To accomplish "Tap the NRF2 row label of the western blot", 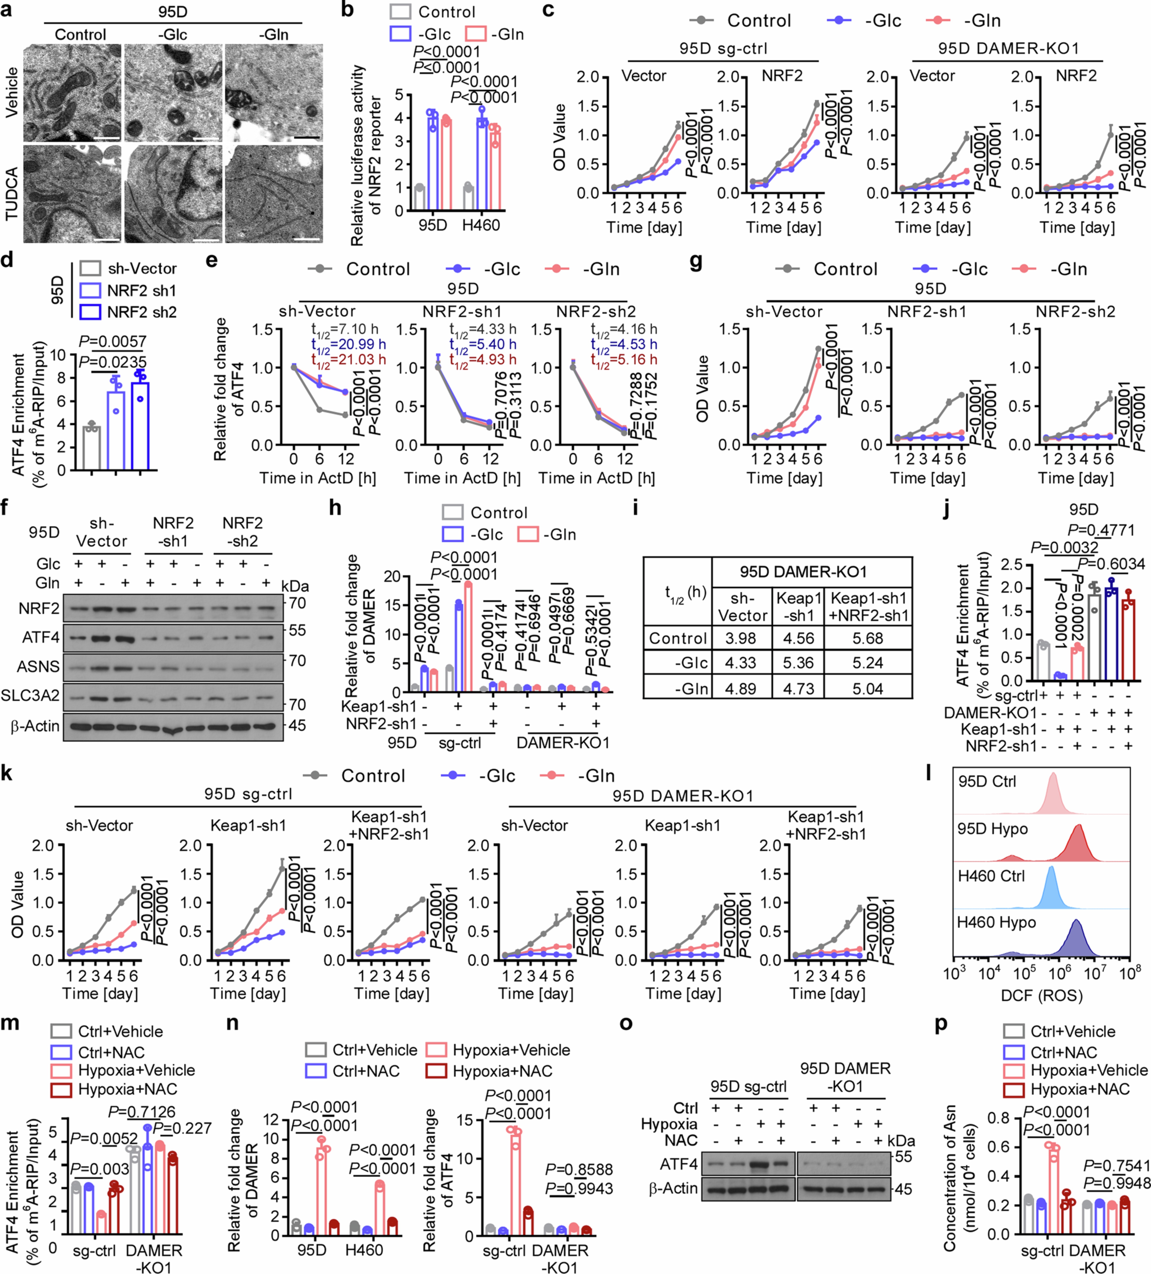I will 39,608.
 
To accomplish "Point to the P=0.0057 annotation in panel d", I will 112,342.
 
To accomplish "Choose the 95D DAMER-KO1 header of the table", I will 803,572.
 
